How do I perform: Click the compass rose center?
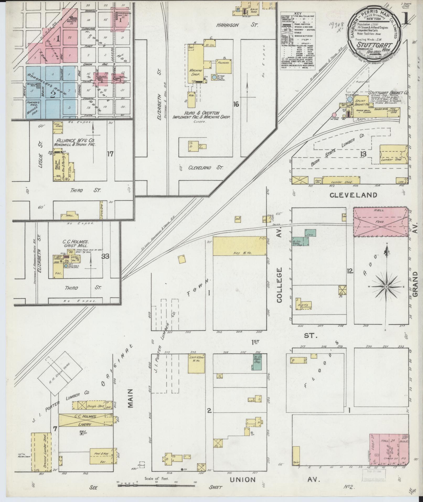(x=386, y=287)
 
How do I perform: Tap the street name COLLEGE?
(x=279, y=285)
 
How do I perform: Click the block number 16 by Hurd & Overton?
(x=236, y=104)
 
